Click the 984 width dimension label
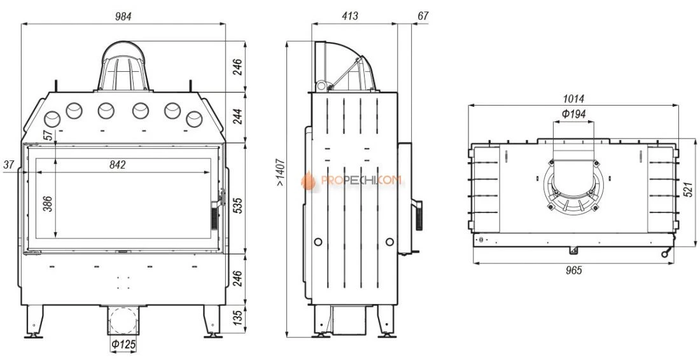pos(123,17)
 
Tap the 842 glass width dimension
pos(118,165)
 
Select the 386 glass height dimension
pos(48,204)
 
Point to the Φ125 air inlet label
pos(123,344)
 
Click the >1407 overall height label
pos(279,172)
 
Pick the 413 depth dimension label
pos(350,17)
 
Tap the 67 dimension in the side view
pos(423,16)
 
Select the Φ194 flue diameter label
pos(573,114)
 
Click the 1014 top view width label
pos(573,99)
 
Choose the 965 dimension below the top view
pos(573,270)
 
